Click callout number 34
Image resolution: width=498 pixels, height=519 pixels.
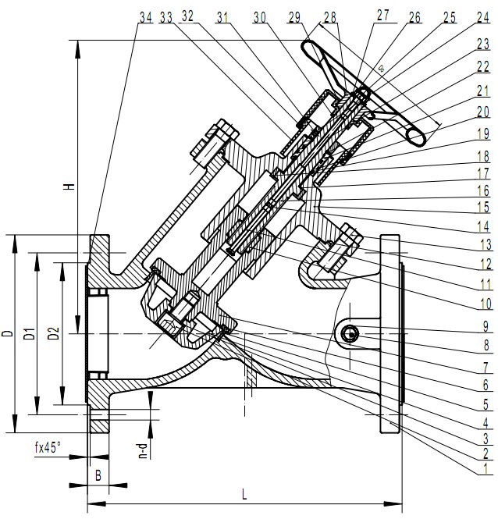pyautogui.click(x=146, y=17)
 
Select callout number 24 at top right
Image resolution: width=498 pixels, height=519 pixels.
pyautogui.click(x=483, y=17)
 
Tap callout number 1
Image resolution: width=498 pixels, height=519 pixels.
pyautogui.click(x=486, y=469)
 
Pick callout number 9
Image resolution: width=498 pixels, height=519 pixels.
pyautogui.click(x=486, y=327)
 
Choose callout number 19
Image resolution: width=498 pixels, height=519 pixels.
pyautogui.click(x=483, y=133)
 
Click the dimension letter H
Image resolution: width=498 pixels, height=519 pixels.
pyautogui.click(x=69, y=187)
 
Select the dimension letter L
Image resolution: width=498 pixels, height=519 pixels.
pyautogui.click(x=244, y=495)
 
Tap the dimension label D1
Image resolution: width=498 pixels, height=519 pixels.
pyautogui.click(x=30, y=334)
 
